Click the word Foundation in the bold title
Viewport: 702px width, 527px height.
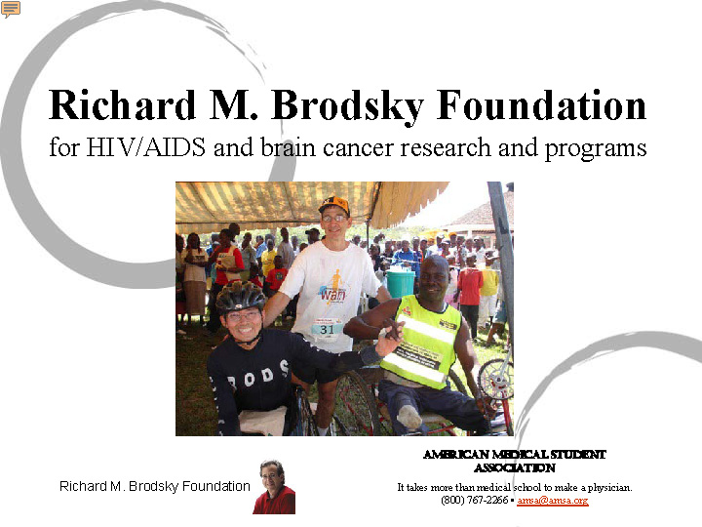[x=542, y=105]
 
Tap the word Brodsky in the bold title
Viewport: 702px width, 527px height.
[x=347, y=106]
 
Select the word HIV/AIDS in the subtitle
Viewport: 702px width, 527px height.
[x=146, y=147]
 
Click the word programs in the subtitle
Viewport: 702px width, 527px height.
[x=596, y=149]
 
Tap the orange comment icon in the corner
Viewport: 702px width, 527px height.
[x=11, y=9]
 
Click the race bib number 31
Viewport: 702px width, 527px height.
[x=328, y=329]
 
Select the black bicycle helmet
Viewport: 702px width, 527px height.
[x=241, y=296]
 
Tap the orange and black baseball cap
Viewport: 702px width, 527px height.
[x=334, y=204]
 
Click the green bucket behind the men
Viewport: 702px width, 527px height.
[x=400, y=282]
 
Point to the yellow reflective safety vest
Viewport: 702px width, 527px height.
[x=423, y=341]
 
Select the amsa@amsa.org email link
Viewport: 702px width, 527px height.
[x=553, y=500]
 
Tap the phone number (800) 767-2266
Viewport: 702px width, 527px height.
[x=474, y=500]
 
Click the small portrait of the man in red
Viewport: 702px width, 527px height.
[x=274, y=487]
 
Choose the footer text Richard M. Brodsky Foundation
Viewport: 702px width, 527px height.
[x=155, y=486]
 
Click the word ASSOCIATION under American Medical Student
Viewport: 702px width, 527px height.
[x=515, y=467]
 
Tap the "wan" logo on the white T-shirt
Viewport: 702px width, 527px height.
[x=333, y=295]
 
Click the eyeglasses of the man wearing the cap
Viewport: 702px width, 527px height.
[x=334, y=219]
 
